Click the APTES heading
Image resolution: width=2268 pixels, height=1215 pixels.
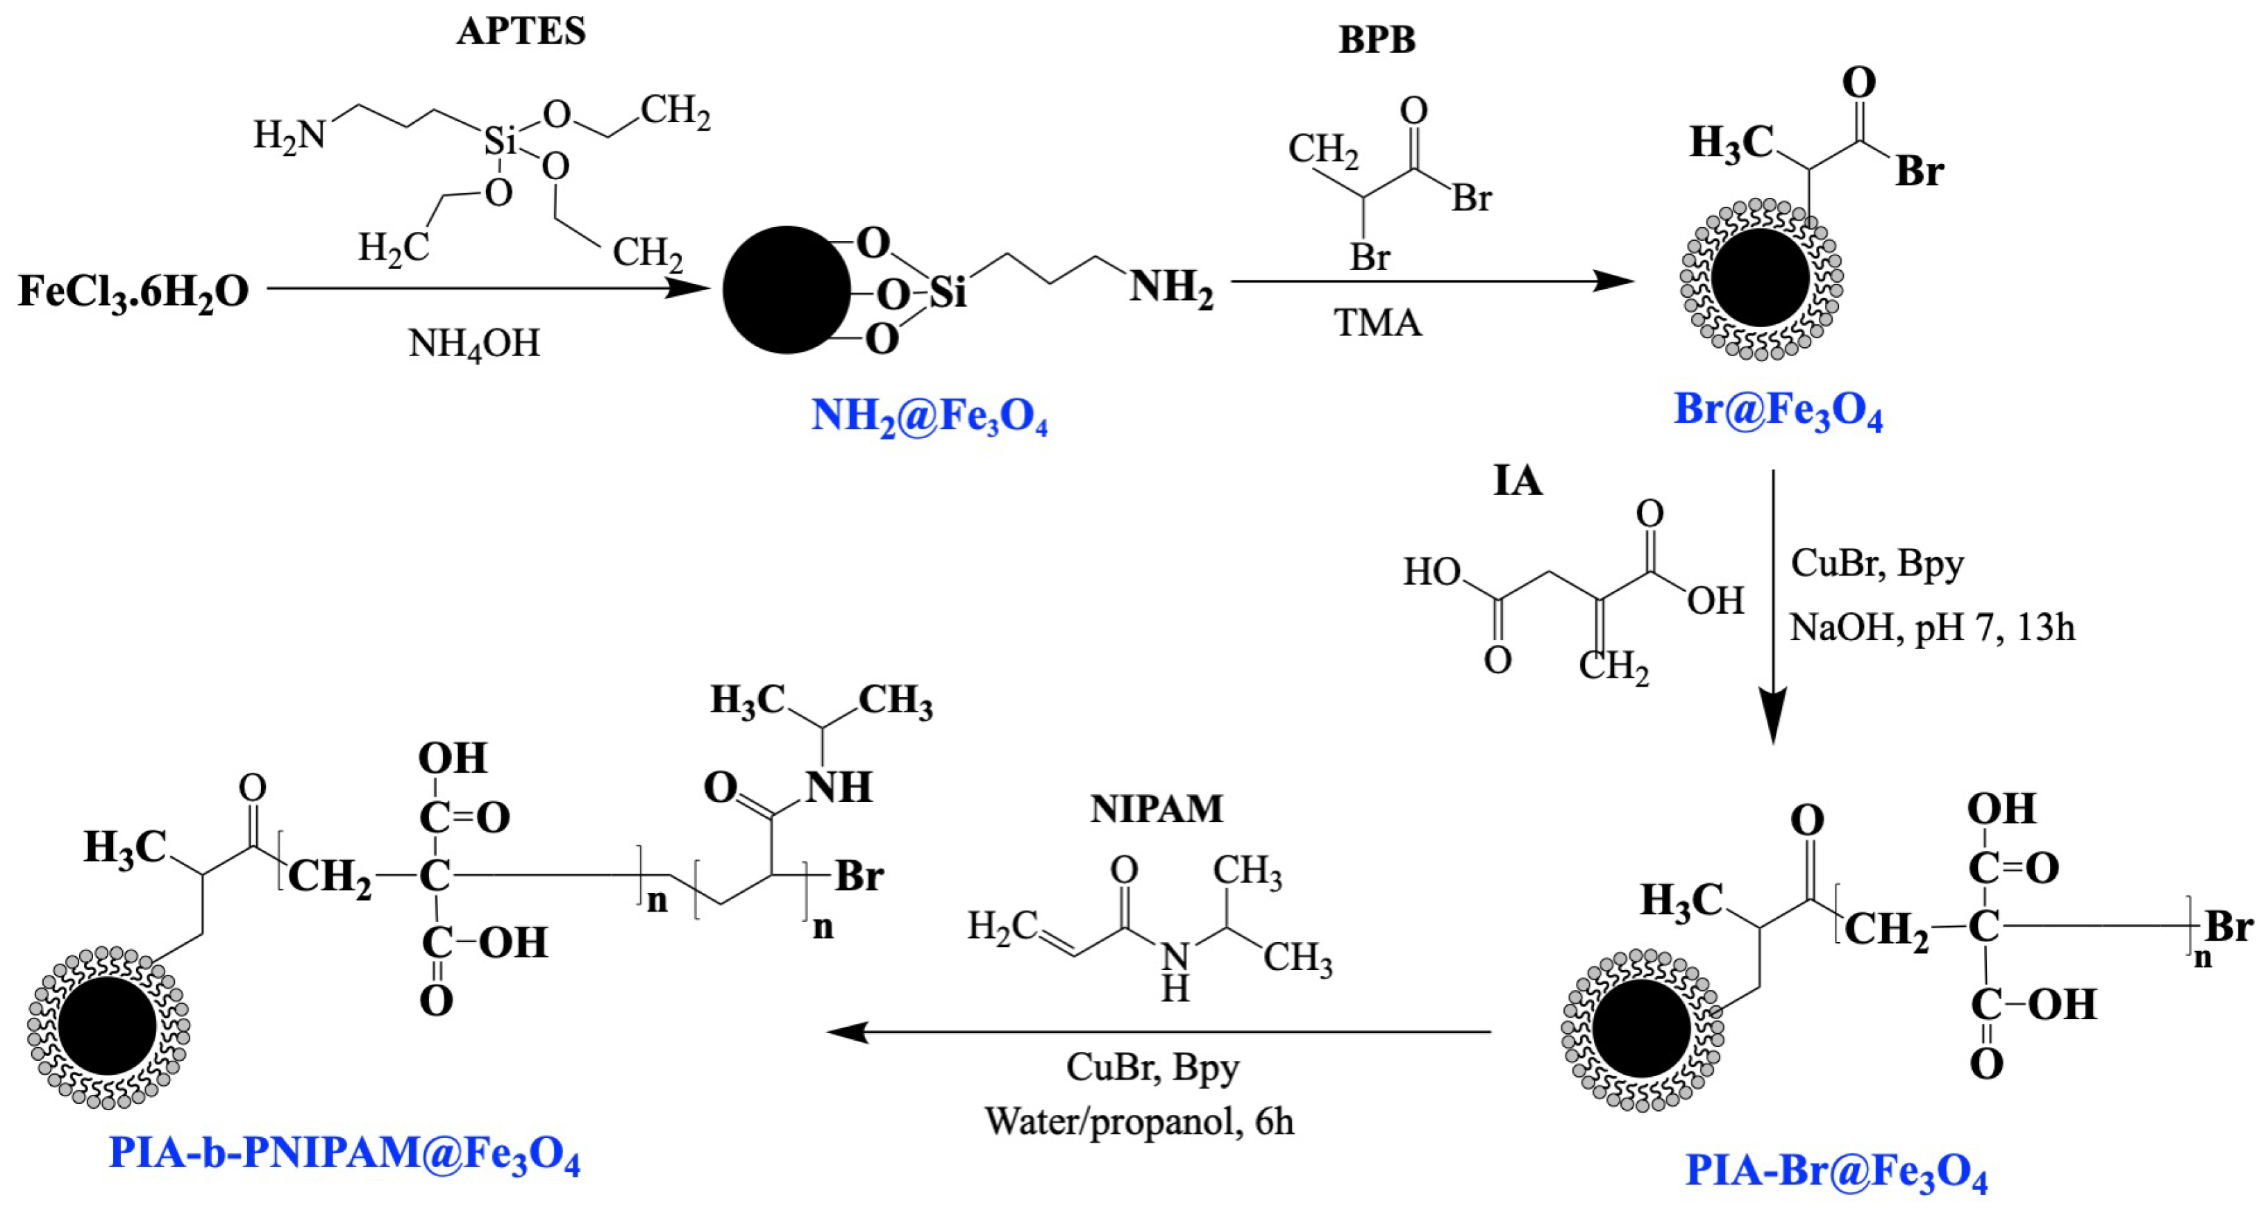521,33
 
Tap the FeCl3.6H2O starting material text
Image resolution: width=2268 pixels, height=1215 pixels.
134,292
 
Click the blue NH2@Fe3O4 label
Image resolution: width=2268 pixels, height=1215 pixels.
929,417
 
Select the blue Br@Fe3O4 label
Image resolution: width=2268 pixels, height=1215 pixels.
1778,411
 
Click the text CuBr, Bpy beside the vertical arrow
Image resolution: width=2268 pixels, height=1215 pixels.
1877,564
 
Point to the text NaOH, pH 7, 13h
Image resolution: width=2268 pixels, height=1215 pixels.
1933,628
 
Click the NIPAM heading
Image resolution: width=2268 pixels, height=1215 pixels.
1156,809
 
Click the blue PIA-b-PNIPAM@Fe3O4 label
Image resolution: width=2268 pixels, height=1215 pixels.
344,1154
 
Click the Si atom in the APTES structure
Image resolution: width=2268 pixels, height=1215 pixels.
500,141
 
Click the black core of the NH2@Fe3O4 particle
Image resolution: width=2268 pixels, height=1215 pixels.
787,290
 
